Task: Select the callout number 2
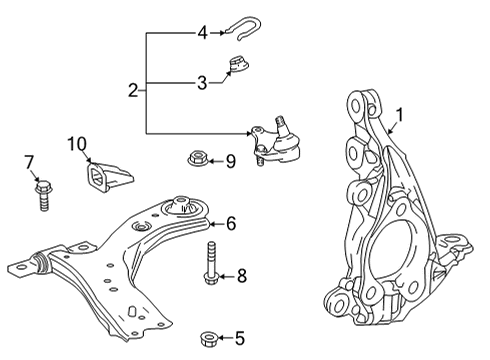(133, 91)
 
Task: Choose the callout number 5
(239, 339)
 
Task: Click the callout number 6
(231, 223)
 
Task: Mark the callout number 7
(29, 160)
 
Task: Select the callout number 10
(78, 144)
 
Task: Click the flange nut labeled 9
(195, 158)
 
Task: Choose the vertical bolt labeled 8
(213, 263)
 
